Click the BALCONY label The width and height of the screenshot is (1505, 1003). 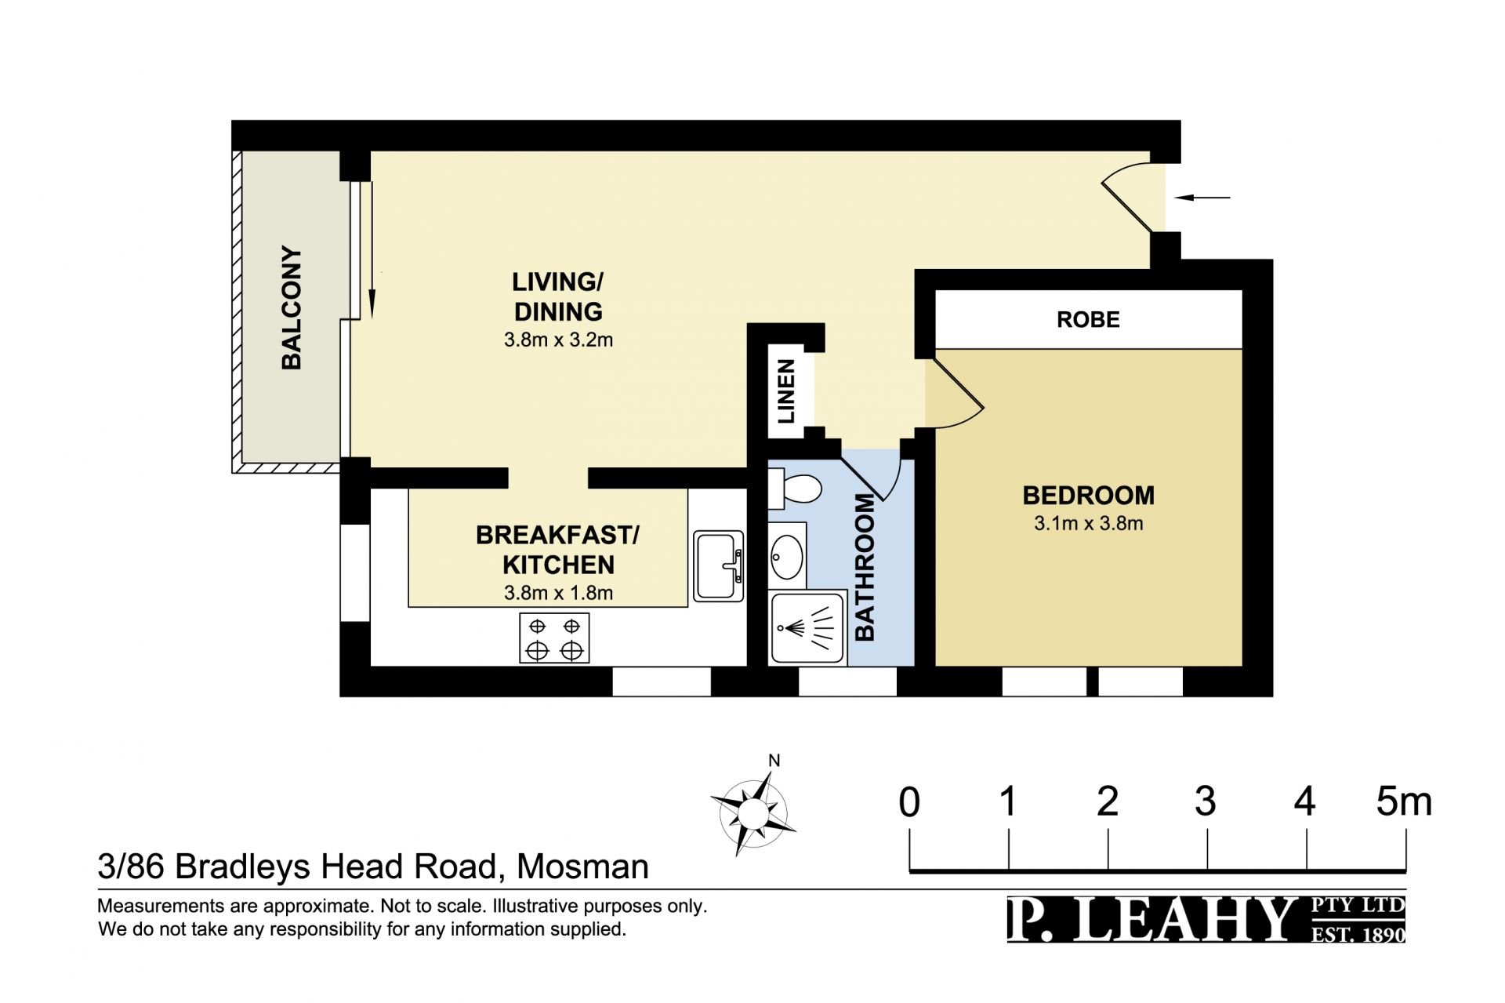coord(291,307)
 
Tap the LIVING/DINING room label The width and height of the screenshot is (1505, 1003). coord(558,296)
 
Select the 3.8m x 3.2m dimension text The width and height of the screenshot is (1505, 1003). coord(558,340)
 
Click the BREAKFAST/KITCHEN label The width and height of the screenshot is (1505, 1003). coord(558,550)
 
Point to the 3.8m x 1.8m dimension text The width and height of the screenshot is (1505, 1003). coord(558,593)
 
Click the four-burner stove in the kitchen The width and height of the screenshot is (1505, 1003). coord(554,638)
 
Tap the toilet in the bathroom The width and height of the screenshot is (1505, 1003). coord(794,489)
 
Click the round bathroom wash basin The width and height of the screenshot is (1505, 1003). coord(787,555)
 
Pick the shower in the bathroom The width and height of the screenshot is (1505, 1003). coord(808,628)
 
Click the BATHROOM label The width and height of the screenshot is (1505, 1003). coord(864,567)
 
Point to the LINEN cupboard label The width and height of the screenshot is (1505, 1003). coord(786,391)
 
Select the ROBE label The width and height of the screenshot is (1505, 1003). coord(1088,320)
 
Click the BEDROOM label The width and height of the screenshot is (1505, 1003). coord(1088,496)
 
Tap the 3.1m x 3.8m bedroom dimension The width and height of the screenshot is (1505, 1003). coord(1088,523)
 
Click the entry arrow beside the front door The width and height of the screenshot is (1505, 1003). coord(1202,198)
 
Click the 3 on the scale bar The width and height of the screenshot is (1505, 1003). coord(1206,802)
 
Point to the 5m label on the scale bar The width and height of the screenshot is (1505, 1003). coord(1404,802)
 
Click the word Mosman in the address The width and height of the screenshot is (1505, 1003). coord(583,867)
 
